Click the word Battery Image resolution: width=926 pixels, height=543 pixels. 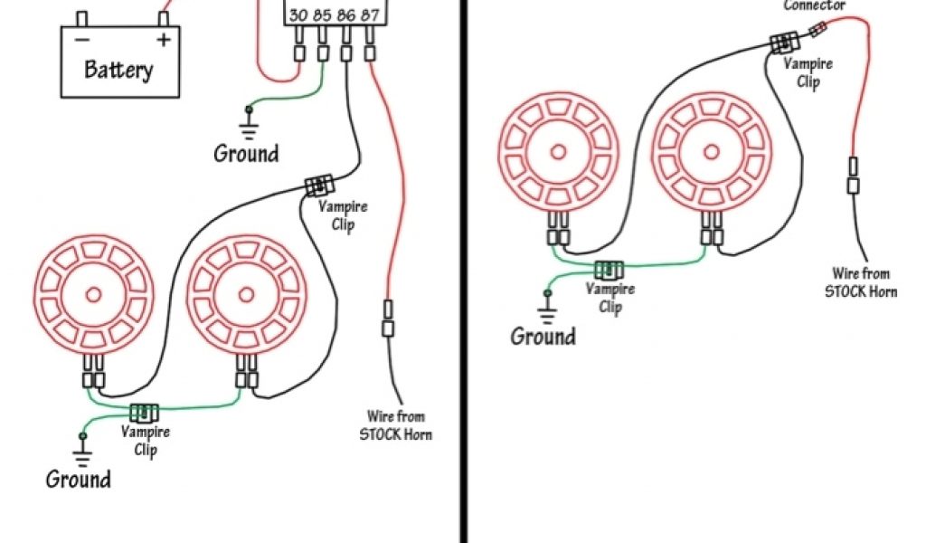click(118, 70)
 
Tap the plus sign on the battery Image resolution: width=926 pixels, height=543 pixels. click(163, 40)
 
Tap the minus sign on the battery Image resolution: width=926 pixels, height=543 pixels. click(82, 40)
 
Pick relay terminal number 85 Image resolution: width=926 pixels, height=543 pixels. click(323, 15)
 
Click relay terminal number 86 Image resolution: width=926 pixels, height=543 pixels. click(345, 15)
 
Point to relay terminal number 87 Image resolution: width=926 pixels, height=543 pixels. click(369, 15)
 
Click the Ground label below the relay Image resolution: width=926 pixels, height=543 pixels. click(246, 153)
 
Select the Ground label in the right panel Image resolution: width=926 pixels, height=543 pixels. click(543, 336)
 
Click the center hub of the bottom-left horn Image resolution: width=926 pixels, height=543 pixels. click(93, 294)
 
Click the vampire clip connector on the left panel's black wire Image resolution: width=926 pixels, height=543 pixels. click(318, 186)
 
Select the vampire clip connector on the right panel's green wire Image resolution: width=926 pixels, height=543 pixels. click(609, 269)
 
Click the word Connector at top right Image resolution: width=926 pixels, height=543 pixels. click(814, 5)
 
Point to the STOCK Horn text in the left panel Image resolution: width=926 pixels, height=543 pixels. click(395, 433)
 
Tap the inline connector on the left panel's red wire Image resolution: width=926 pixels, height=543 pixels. click(388, 318)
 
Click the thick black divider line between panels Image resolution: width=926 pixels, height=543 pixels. click(466, 271)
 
